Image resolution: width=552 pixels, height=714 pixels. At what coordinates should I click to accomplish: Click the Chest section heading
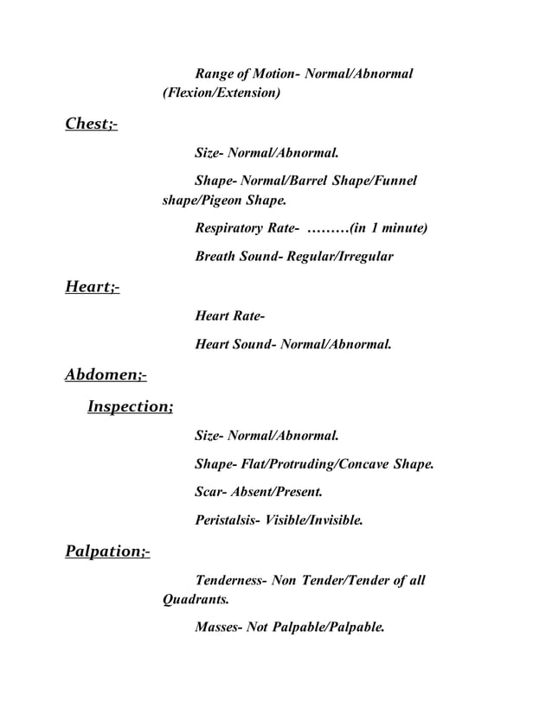click(x=91, y=124)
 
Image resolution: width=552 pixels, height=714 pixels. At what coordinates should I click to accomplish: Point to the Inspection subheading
click(x=130, y=405)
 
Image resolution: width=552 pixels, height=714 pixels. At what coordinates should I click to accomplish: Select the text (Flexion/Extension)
click(x=221, y=92)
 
